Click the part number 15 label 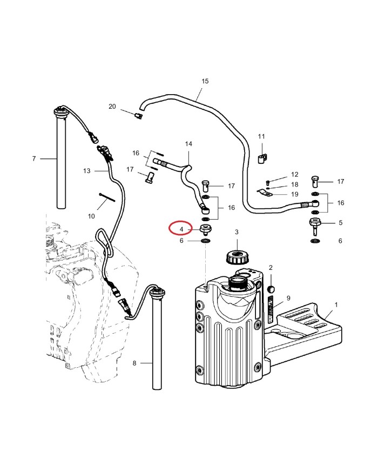(x=205, y=81)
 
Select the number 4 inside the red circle (x=181, y=229)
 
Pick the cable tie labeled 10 (x=106, y=198)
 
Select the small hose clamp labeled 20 (x=138, y=115)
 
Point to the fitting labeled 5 (x=315, y=224)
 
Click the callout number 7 (x=33, y=158)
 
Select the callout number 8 (x=134, y=363)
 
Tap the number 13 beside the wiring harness (x=86, y=171)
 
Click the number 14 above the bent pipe (x=188, y=144)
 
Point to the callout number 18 (x=294, y=184)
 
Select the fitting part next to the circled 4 (x=205, y=229)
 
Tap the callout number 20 (x=112, y=107)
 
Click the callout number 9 (x=288, y=298)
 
